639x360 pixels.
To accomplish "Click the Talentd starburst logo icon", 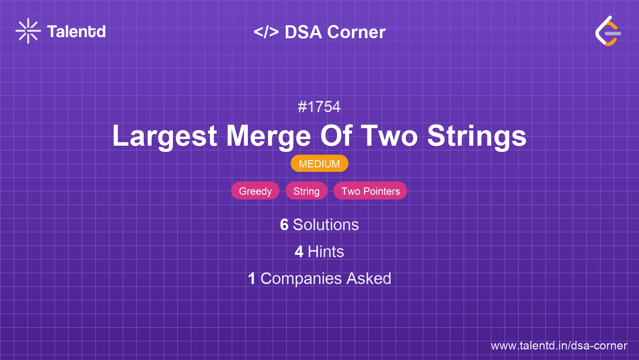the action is (28, 31).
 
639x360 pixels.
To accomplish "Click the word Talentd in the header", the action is (76, 32).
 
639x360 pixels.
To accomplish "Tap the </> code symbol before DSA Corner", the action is (266, 32).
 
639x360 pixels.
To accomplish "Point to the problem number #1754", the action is (319, 107).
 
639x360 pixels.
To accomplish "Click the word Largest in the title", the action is (164, 136).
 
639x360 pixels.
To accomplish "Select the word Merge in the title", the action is (268, 136).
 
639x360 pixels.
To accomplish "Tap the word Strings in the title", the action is (477, 136).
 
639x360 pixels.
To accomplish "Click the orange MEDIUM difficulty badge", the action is (319, 164).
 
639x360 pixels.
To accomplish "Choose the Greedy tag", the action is (255, 191).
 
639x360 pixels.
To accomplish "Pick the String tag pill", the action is (306, 191).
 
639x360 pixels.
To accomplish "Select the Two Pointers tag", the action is (371, 191).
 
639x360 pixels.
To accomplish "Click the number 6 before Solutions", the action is (284, 225).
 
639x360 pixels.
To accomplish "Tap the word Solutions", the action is (326, 225).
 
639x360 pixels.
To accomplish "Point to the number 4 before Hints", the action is (299, 252).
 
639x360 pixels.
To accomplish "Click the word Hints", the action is (326, 252).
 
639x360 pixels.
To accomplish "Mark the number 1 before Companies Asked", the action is (252, 279).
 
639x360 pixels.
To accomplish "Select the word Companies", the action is (301, 279).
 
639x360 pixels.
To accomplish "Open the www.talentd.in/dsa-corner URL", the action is (559, 346).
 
